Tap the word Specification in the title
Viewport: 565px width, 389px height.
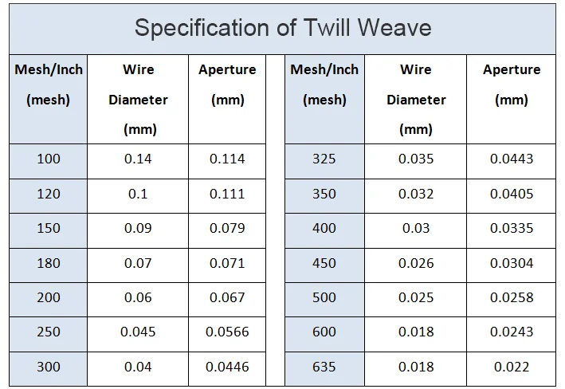[202, 28]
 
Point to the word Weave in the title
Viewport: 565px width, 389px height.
[396, 28]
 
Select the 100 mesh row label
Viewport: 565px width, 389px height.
[49, 159]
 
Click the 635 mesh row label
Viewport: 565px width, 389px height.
[324, 367]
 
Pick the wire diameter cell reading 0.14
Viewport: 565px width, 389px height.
[138, 159]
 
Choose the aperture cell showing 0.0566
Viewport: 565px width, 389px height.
[227, 332]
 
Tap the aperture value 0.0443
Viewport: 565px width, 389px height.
[512, 159]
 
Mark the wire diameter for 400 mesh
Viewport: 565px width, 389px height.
[416, 228]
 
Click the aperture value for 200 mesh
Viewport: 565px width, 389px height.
[227, 297]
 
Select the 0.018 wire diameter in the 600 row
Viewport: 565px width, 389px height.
[416, 332]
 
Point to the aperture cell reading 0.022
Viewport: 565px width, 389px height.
[512, 367]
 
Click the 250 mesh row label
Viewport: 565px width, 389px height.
[49, 332]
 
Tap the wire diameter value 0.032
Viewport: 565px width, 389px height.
[416, 194]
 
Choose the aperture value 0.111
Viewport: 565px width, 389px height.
[227, 194]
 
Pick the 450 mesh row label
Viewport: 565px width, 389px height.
[324, 263]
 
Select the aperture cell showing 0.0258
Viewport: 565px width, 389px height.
[512, 297]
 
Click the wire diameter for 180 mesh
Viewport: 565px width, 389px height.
[138, 263]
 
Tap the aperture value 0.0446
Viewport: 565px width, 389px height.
[227, 367]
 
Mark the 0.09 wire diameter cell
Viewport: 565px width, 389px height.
[138, 228]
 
